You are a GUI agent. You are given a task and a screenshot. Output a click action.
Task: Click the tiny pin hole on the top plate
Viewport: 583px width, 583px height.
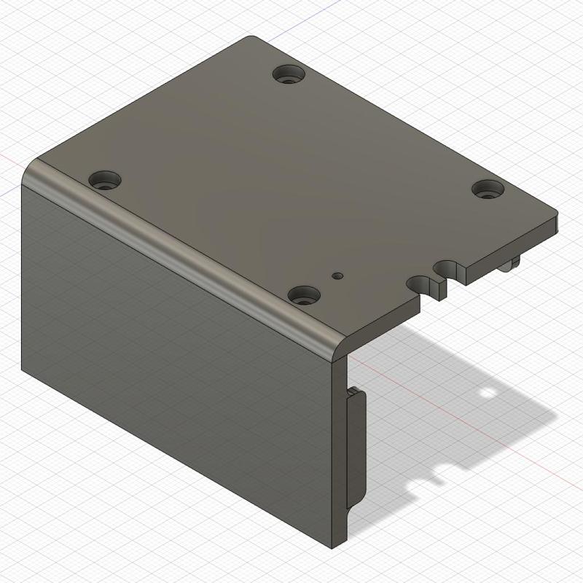(337, 276)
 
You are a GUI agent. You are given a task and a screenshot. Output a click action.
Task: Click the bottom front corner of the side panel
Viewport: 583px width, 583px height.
(337, 542)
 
